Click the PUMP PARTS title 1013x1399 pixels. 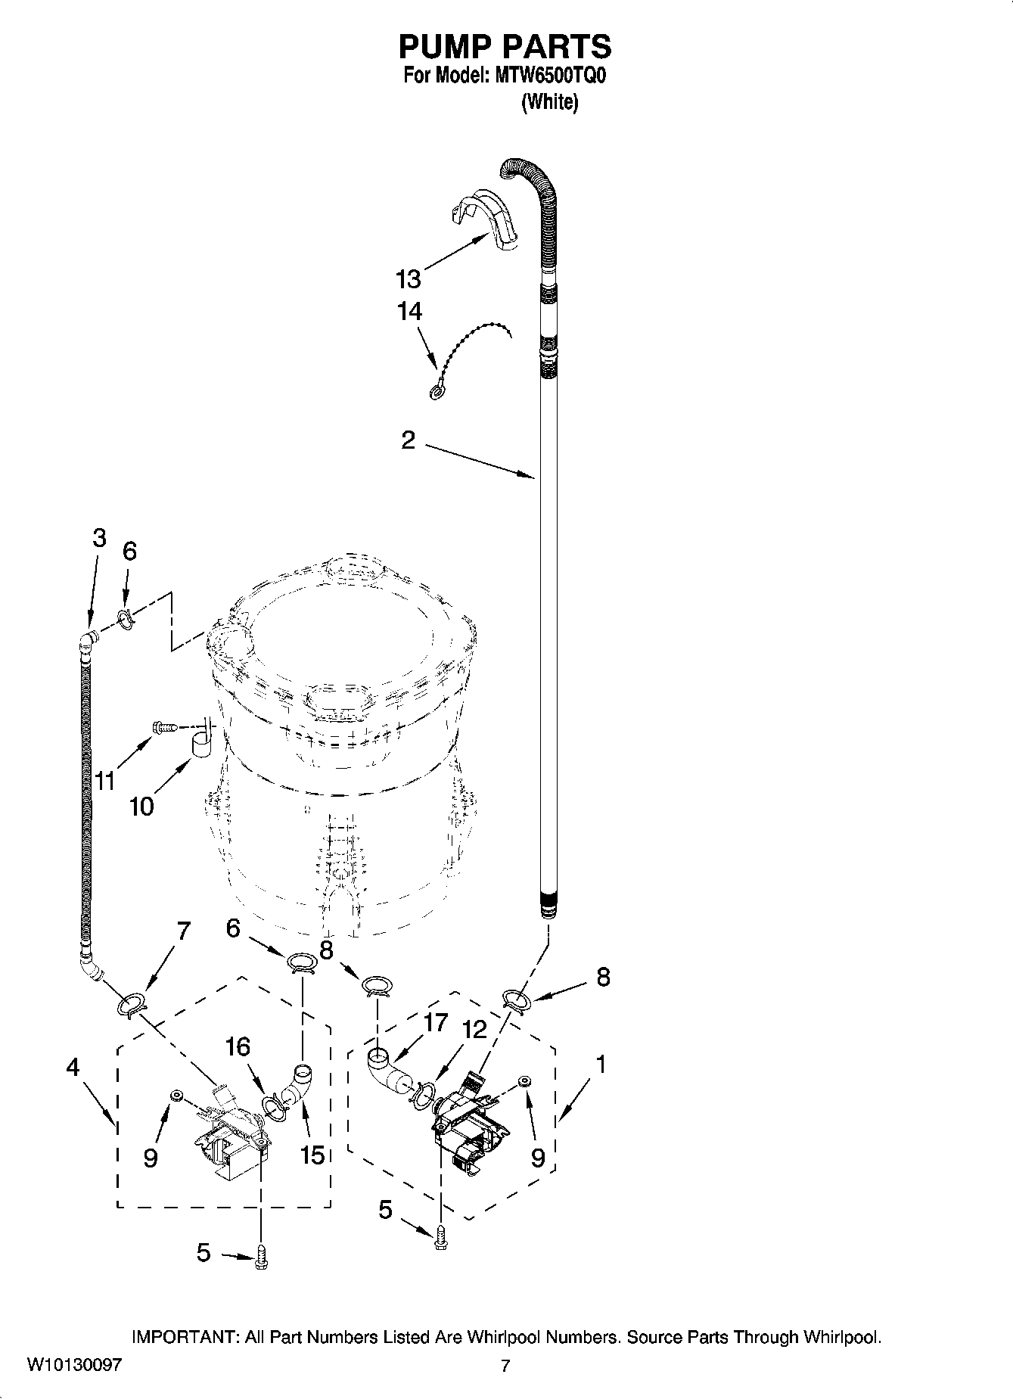click(x=505, y=47)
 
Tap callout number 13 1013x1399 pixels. click(x=408, y=279)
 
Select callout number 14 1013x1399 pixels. click(x=409, y=311)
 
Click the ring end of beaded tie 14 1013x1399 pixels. click(x=437, y=391)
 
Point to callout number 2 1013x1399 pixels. click(x=408, y=440)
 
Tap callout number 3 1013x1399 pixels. click(x=99, y=538)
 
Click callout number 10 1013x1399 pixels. click(x=141, y=807)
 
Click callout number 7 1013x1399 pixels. click(x=182, y=931)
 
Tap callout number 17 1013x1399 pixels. click(x=436, y=1023)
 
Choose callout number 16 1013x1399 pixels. click(x=238, y=1047)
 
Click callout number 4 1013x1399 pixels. click(x=72, y=1067)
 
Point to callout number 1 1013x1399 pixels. click(x=600, y=1065)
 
